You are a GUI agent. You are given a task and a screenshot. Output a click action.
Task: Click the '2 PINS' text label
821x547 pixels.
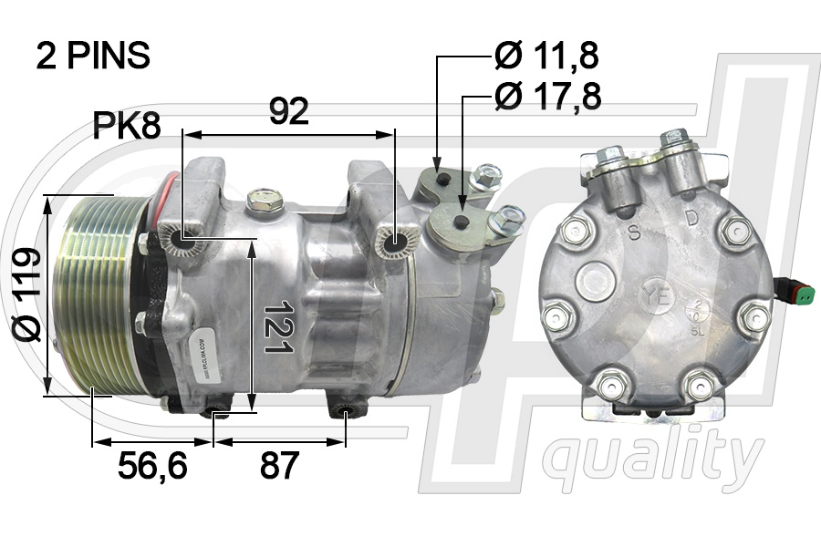92,56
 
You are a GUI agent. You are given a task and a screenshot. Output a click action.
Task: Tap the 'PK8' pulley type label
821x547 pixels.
127,127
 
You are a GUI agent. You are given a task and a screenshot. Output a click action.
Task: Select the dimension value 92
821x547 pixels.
288,111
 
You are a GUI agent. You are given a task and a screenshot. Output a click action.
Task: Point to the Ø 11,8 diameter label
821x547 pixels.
546,57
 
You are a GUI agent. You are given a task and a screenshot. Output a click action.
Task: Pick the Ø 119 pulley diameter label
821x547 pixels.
28,294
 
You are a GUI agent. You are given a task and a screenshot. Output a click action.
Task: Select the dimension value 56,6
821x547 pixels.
152,466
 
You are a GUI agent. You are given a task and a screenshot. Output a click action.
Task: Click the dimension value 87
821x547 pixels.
279,466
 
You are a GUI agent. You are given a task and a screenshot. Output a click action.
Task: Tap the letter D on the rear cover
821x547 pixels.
692,219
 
